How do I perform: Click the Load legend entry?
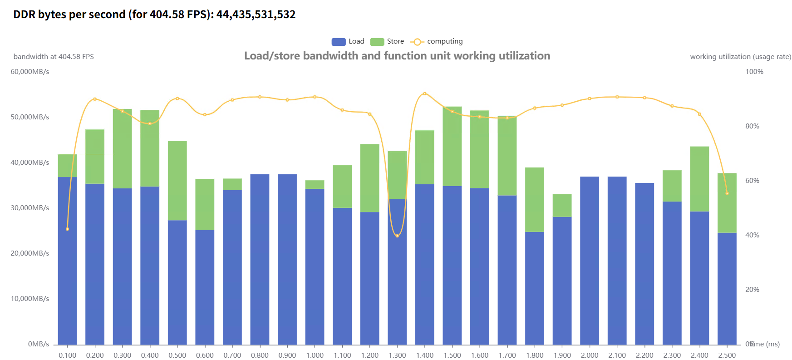348,41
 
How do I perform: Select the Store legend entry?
387,41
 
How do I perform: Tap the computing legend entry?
437,41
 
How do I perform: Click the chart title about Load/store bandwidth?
397,56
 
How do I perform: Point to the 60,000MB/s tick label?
30,72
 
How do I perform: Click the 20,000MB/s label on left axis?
30,253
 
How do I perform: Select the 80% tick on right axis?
752,126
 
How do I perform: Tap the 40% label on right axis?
752,235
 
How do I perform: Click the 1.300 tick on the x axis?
397,355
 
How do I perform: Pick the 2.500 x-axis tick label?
727,355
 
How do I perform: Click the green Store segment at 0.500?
177,180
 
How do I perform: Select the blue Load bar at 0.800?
260,259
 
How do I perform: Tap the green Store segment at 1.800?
535,200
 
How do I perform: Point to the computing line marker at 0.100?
68,229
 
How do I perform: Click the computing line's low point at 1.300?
397,236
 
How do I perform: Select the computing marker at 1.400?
425,94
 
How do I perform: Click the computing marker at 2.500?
727,193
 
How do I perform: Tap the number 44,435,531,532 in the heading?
256,15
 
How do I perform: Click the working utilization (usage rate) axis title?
740,57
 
